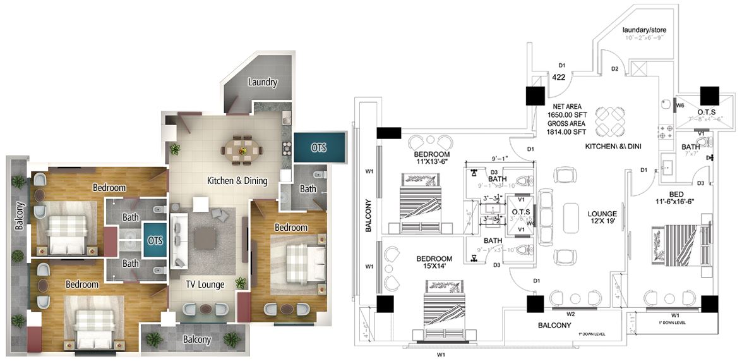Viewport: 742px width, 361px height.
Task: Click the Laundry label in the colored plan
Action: point(262,82)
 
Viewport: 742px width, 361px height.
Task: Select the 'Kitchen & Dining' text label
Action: point(237,181)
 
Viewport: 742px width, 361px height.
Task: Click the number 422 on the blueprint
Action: point(558,77)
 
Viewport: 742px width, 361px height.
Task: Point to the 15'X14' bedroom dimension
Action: point(434,267)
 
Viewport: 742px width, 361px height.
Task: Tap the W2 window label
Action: point(570,314)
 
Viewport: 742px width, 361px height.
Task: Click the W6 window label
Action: point(681,106)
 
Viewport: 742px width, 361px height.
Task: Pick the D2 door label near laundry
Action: point(614,68)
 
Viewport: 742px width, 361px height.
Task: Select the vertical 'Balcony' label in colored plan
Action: point(20,216)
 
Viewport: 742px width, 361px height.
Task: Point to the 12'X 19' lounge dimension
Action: point(602,223)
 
